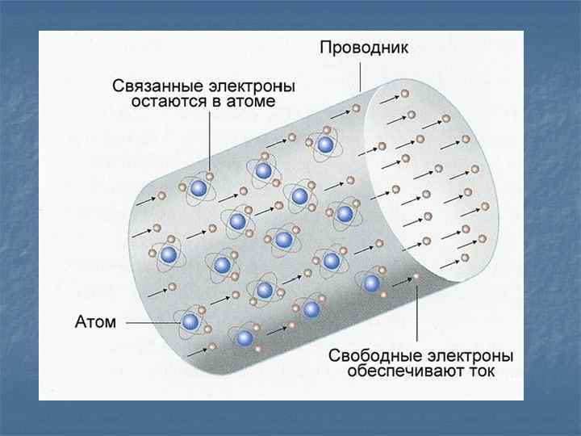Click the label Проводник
(364, 48)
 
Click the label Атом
(96, 322)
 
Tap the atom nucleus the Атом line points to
(190, 322)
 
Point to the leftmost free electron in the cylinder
(161, 197)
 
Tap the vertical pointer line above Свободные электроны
(417, 315)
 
